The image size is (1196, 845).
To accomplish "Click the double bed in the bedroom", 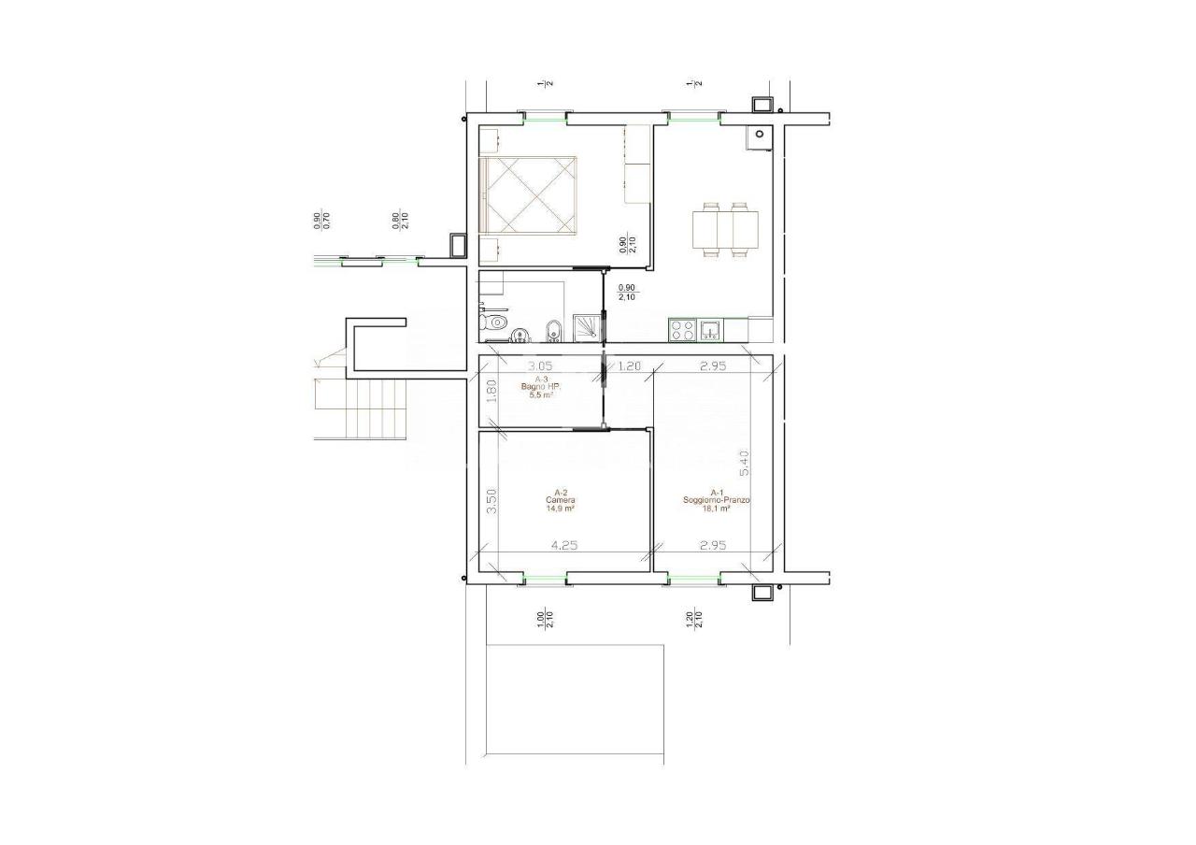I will point(529,195).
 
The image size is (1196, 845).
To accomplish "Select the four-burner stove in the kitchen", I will point(682,330).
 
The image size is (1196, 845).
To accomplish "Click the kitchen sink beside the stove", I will point(710,330).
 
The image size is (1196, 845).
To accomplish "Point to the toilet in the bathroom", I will point(492,323).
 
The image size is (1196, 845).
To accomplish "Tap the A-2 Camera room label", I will point(561,500).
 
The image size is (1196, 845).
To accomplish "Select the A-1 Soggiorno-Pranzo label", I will point(717,500).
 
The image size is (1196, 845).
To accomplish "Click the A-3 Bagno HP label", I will point(538,387).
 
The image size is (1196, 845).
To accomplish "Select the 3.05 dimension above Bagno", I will point(541,366).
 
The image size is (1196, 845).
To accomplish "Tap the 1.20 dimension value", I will point(630,366).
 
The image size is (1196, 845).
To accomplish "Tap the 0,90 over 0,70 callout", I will point(320,220).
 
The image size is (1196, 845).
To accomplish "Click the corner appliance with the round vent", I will point(760,136).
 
